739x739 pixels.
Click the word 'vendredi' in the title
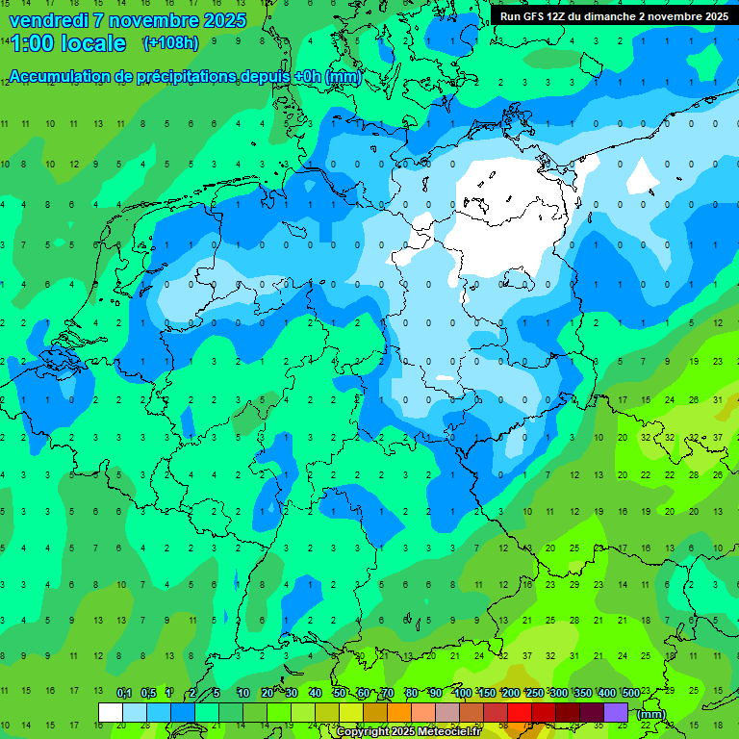[48, 20]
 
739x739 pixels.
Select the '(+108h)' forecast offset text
[170, 43]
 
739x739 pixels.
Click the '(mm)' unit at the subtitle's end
[344, 77]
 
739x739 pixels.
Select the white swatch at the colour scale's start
[110, 712]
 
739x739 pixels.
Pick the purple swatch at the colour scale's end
[616, 712]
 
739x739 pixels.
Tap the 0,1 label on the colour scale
[124, 693]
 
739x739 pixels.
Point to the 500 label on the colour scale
[631, 693]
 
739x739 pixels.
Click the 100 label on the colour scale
[462, 693]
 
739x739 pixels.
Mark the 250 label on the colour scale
[534, 693]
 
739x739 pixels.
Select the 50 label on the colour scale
[340, 693]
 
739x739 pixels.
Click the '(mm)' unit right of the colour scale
[651, 713]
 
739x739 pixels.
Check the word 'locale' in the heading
[93, 43]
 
